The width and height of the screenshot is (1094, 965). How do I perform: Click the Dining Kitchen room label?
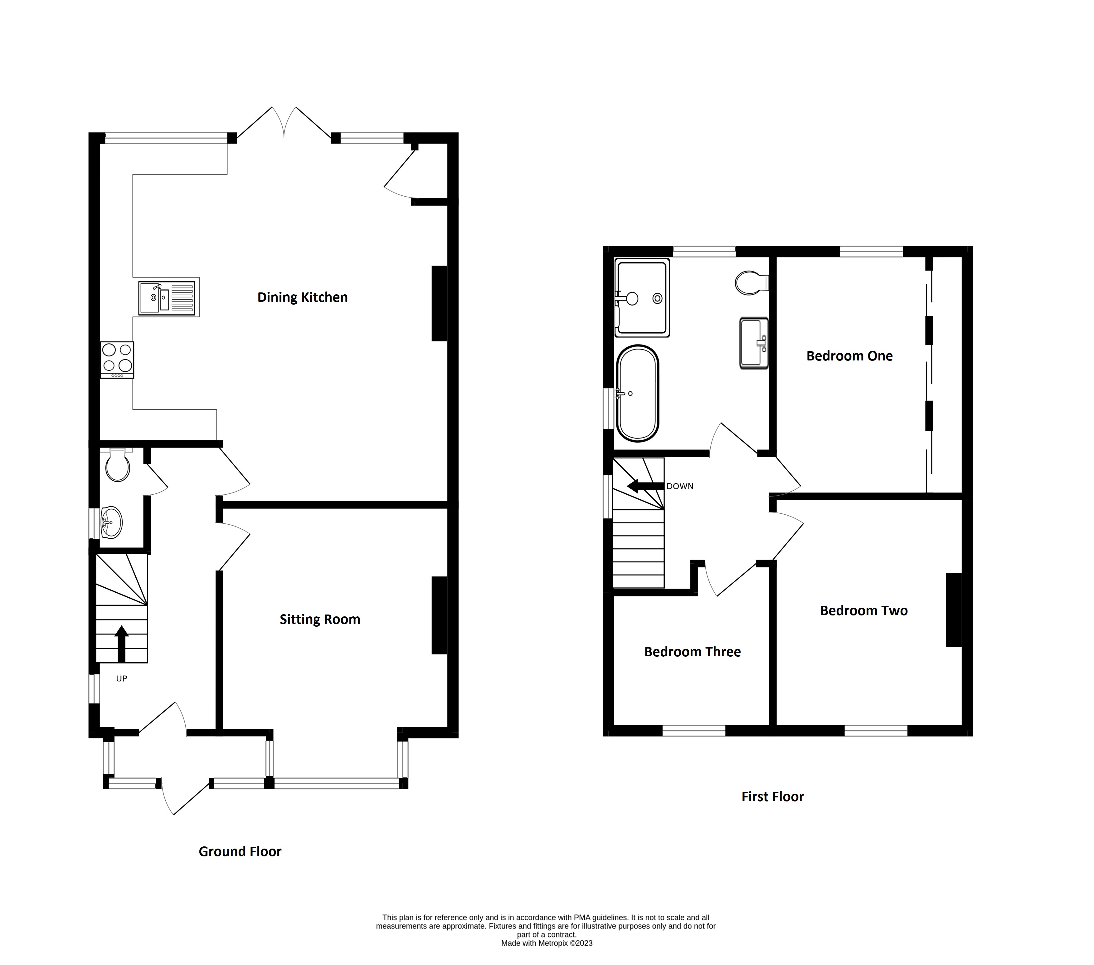click(302, 297)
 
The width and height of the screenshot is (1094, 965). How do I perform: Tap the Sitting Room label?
click(319, 620)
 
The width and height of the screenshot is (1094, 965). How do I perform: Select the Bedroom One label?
click(849, 356)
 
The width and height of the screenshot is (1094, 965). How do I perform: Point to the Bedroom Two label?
click(863, 611)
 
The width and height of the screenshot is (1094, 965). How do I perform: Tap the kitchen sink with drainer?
click(167, 298)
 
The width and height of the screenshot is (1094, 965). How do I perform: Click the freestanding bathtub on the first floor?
click(637, 394)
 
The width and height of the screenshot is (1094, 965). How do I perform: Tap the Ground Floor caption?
click(240, 851)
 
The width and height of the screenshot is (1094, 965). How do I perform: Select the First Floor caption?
click(772, 797)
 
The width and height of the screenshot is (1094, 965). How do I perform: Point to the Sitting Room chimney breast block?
click(440, 615)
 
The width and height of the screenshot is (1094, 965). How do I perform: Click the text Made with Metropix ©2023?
click(547, 943)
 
